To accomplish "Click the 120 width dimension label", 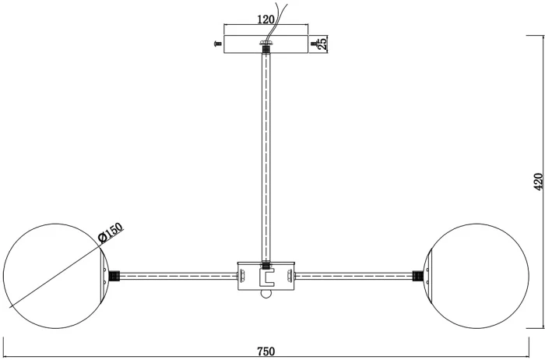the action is coord(266,19).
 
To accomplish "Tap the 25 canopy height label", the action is coord(322,44).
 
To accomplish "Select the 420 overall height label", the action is coord(538,182).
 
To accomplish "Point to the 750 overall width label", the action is coord(266,351).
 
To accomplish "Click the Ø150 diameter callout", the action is coord(111,232).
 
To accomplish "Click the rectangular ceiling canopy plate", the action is coord(266,44).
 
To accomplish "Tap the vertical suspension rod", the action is coord(266,157).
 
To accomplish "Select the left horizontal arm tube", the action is coord(178,276).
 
